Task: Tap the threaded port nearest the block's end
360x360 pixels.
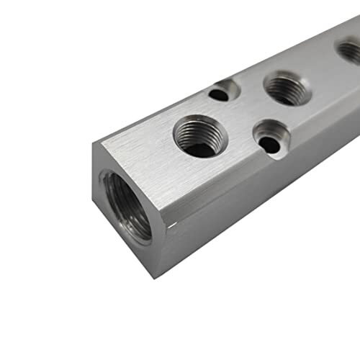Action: tap(199, 135)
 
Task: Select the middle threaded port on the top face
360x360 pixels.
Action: tap(287, 88)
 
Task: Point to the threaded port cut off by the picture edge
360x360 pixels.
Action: tap(350, 52)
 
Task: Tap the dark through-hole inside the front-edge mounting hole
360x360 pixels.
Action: tap(270, 144)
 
